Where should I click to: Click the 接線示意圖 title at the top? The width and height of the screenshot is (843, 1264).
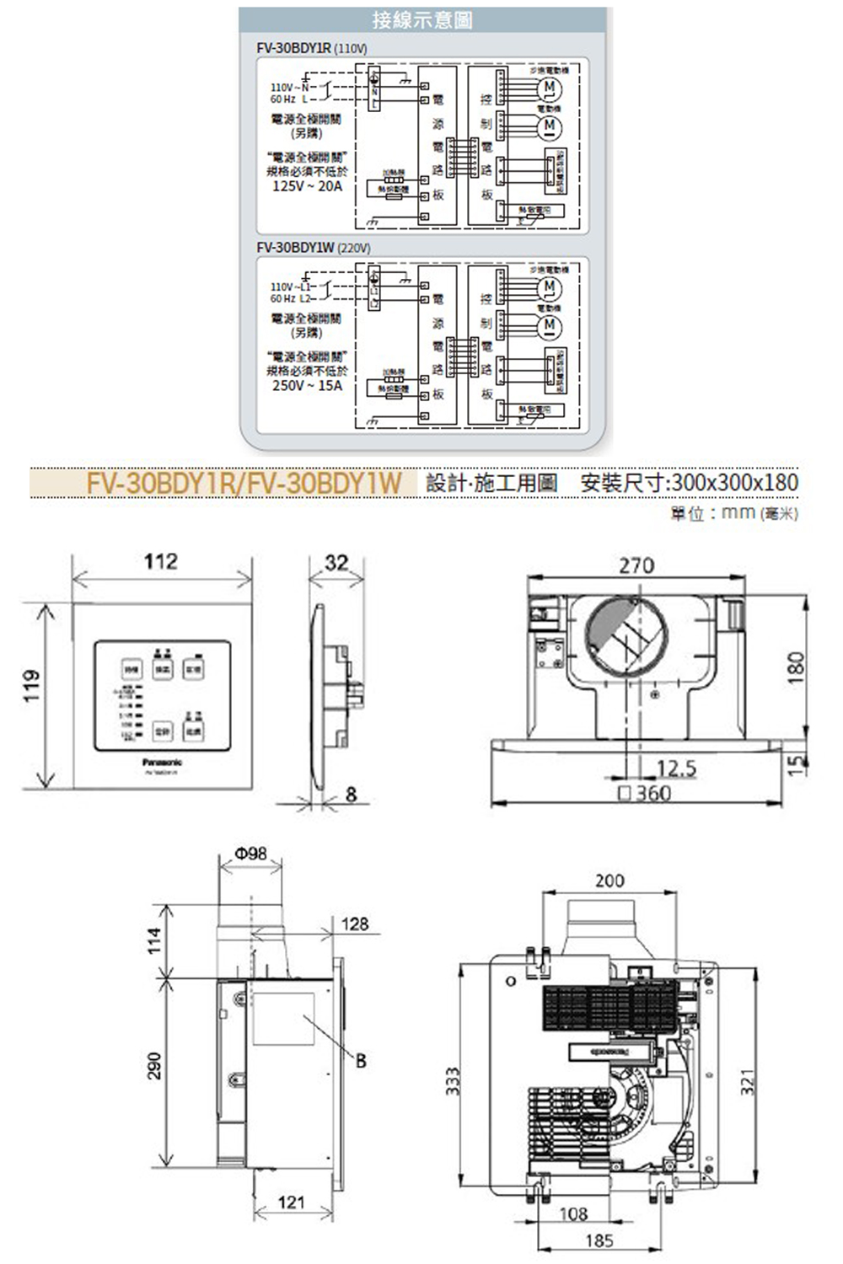tap(422, 20)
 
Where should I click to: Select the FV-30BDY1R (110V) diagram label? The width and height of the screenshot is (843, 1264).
tap(311, 49)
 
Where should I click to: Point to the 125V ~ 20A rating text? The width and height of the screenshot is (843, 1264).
tap(307, 186)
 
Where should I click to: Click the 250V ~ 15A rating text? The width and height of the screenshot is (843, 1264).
tap(307, 385)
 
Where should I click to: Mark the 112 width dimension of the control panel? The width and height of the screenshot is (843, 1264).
tap(160, 562)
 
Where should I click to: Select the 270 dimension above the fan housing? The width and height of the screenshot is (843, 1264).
tap(636, 565)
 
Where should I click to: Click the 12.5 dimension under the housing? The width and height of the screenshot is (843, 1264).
tap(676, 769)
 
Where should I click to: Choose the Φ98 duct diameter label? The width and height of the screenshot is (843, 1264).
tap(251, 854)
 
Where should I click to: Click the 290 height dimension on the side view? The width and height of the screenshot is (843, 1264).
tap(154, 1065)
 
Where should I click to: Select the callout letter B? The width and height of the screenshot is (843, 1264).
tap(361, 1060)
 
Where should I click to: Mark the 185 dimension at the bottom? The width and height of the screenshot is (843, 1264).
tap(599, 1240)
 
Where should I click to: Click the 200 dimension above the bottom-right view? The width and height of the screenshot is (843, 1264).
tap(609, 881)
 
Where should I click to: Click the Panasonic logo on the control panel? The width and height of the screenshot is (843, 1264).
tap(162, 761)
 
